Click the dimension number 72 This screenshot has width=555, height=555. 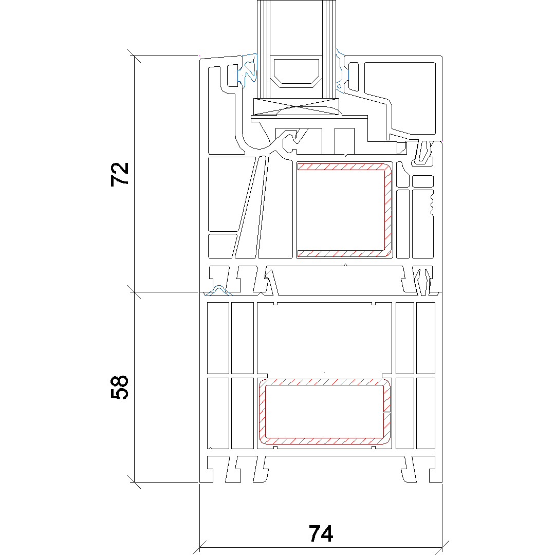(x=120, y=174)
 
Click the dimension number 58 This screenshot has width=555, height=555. (x=120, y=387)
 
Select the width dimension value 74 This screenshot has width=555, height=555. (x=321, y=533)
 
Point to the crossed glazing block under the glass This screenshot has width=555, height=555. (x=297, y=107)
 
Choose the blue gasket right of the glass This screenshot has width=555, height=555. (x=341, y=71)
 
